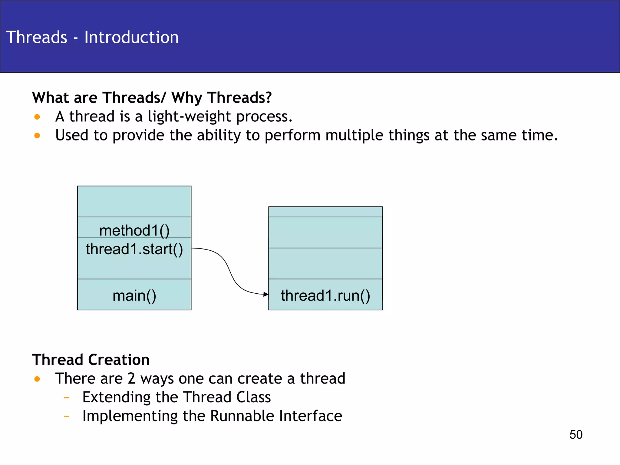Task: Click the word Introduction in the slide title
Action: click(x=131, y=37)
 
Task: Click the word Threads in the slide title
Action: click(x=37, y=37)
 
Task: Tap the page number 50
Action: click(x=576, y=435)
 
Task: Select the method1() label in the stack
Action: click(x=134, y=230)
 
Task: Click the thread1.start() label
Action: click(x=134, y=249)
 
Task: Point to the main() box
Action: click(x=134, y=295)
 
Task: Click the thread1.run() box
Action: click(x=325, y=295)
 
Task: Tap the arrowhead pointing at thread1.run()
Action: click(x=266, y=294)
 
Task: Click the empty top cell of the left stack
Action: click(x=134, y=201)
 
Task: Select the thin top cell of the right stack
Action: click(x=325, y=212)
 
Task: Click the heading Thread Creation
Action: click(x=91, y=360)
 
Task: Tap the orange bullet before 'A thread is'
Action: click(x=37, y=117)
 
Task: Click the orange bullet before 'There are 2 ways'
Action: click(x=37, y=379)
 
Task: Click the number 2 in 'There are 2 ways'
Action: click(x=131, y=379)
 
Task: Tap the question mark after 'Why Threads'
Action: click(x=268, y=97)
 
